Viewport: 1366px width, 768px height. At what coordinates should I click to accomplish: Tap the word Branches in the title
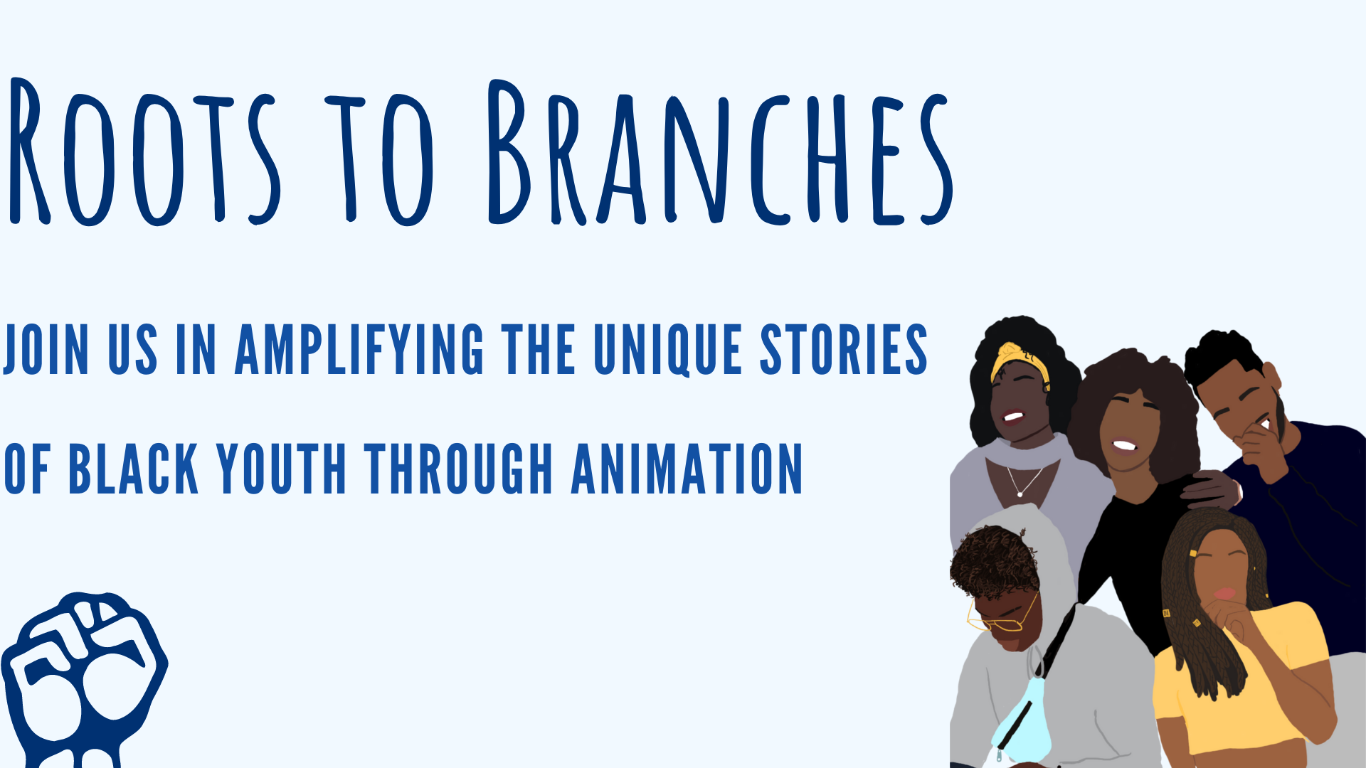tap(720, 151)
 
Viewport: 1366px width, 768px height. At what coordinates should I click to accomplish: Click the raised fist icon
tap(84, 679)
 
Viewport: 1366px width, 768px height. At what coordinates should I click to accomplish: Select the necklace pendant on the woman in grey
tap(1020, 494)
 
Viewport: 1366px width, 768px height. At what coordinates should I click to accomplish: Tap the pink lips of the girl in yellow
tap(1224, 592)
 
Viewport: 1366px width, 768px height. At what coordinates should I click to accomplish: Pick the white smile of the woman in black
tap(1125, 446)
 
